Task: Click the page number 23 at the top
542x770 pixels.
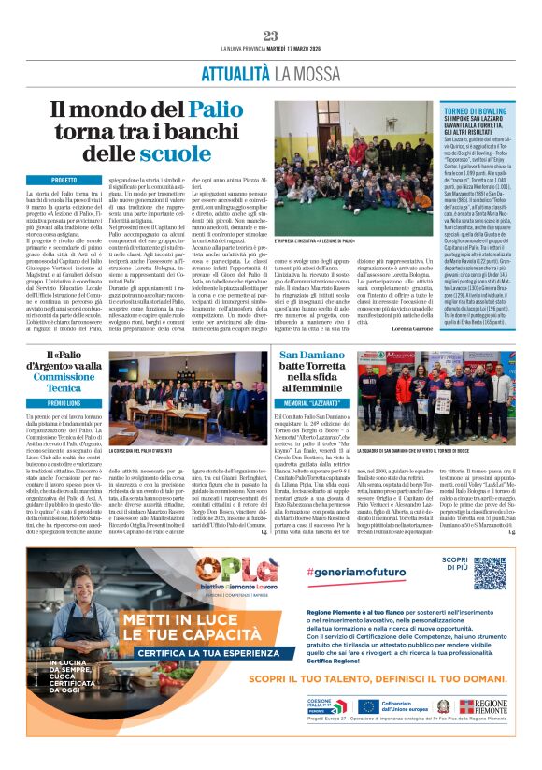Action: [x=271, y=36]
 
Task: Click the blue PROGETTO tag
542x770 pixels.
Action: [x=64, y=178]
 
